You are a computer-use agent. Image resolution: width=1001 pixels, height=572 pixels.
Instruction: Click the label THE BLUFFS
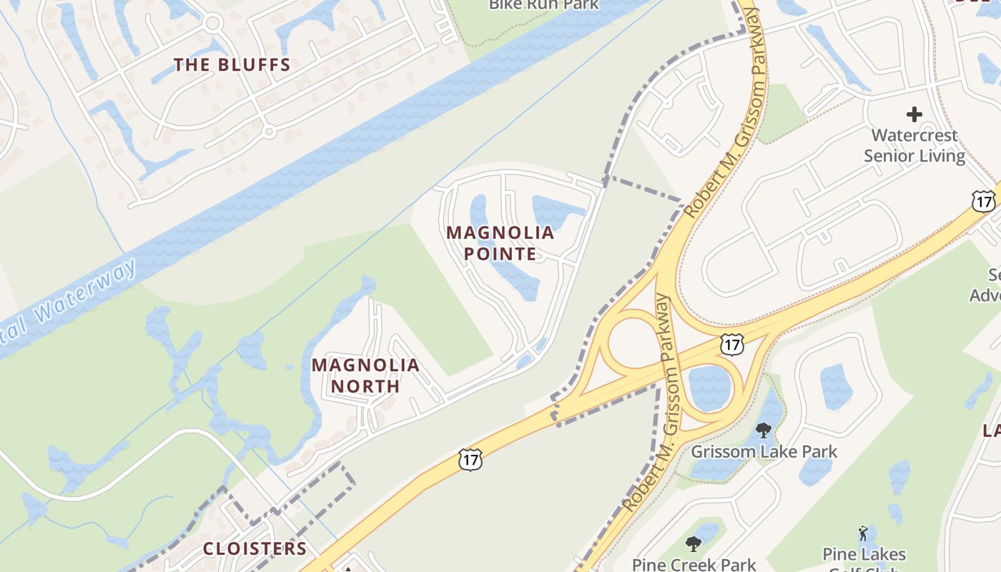[x=232, y=65]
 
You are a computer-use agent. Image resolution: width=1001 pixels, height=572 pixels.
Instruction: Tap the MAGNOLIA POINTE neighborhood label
[x=500, y=243]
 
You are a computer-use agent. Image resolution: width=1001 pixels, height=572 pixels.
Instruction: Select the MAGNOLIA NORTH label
[x=365, y=375]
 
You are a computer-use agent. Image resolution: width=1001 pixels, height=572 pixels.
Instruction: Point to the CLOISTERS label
[x=255, y=549]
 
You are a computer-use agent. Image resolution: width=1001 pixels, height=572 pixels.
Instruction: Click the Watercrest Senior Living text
[x=914, y=145]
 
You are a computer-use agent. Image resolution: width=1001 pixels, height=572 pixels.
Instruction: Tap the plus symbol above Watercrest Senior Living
[x=914, y=114]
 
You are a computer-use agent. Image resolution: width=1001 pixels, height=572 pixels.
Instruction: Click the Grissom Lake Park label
[x=764, y=452]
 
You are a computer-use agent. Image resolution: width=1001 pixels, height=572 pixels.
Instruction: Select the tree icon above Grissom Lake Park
[x=764, y=430]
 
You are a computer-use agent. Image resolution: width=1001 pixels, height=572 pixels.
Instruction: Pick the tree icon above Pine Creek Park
[x=693, y=544]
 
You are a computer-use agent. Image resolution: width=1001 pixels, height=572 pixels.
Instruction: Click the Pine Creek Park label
[x=694, y=564]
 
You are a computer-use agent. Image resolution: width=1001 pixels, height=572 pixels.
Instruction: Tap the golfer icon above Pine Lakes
[x=864, y=534]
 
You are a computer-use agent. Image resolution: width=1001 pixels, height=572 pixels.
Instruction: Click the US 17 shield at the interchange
[x=731, y=345]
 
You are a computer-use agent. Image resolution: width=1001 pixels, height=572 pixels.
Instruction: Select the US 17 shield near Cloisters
[x=470, y=459]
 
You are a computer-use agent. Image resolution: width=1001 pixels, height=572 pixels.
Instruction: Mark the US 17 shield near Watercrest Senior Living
[x=984, y=201]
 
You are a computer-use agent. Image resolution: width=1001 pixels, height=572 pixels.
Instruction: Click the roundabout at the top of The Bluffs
[x=212, y=23]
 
